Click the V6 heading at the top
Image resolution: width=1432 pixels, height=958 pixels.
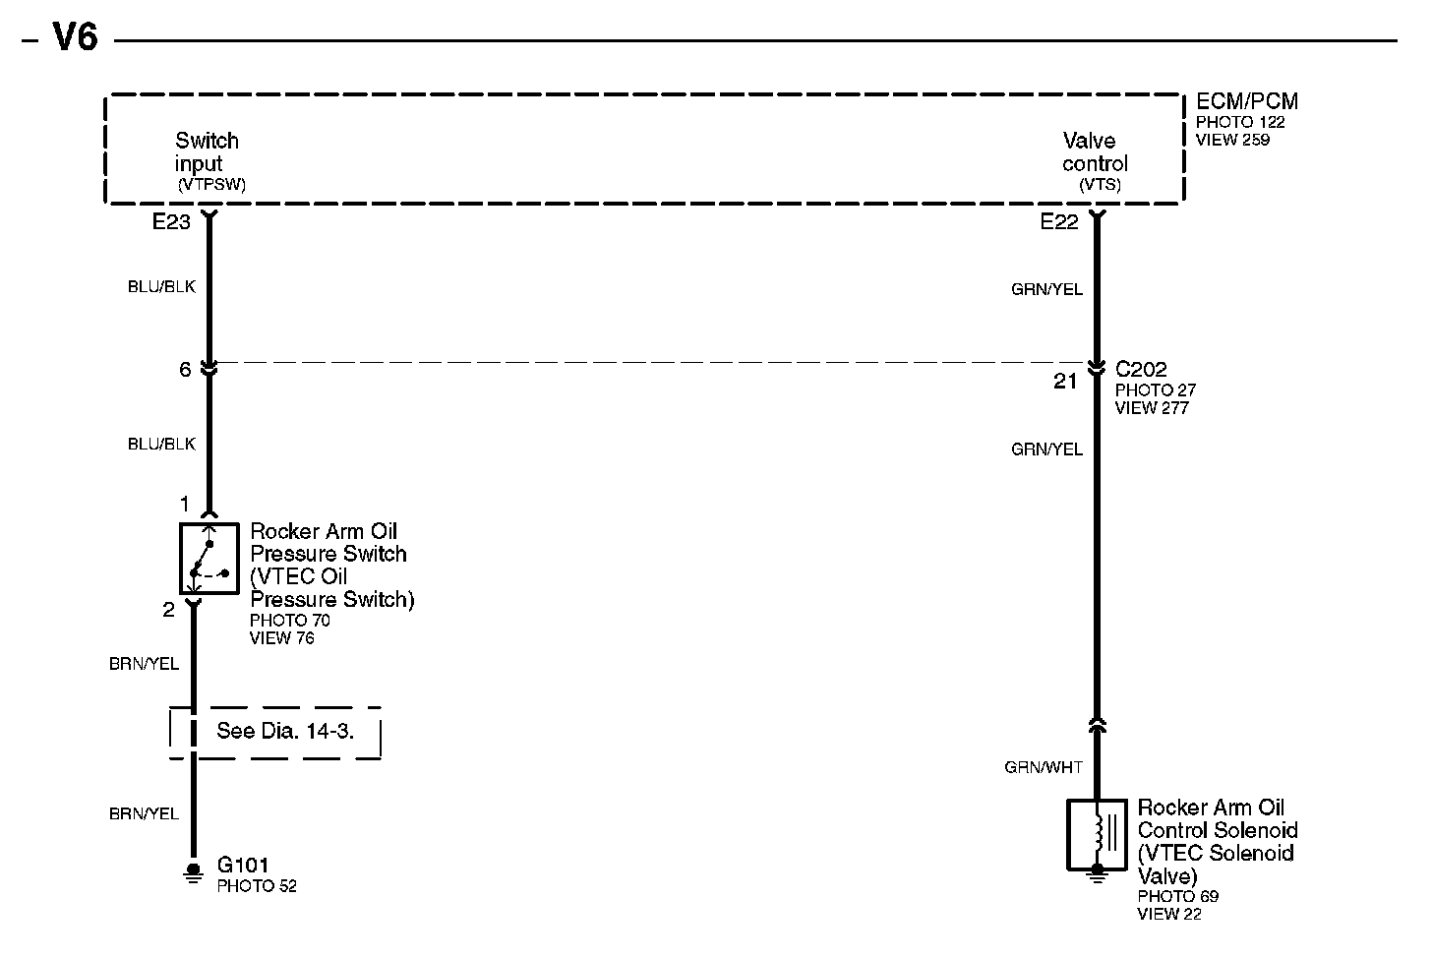click(x=75, y=38)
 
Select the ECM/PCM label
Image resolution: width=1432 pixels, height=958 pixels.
click(x=1246, y=101)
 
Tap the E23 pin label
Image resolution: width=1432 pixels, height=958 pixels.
click(x=171, y=223)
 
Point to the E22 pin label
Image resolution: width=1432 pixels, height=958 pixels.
click(x=1059, y=223)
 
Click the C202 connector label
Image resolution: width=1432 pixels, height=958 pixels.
click(x=1141, y=370)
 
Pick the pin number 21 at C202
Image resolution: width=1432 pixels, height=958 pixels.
click(x=1065, y=382)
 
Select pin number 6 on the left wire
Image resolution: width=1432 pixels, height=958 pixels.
click(x=185, y=370)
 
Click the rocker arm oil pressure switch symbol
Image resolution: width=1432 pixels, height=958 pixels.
click(x=209, y=558)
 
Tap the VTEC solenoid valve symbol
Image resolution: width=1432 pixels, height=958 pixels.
click(x=1097, y=835)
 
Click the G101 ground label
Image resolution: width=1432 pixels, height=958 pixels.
click(x=243, y=866)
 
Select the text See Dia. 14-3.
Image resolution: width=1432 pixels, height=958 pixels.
click(x=284, y=732)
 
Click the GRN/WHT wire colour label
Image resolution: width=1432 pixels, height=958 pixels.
click(x=1044, y=767)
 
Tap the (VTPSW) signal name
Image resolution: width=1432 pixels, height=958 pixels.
click(x=211, y=184)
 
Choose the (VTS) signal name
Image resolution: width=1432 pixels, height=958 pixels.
click(x=1100, y=184)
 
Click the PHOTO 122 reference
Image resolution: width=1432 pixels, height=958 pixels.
click(x=1240, y=122)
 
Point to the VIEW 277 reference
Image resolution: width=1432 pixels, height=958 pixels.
click(x=1151, y=408)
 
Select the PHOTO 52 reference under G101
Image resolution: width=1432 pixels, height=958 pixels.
click(x=257, y=886)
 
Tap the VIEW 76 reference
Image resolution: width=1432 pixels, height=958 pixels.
click(x=282, y=638)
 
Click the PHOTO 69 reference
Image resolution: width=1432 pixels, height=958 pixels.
click(x=1177, y=896)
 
